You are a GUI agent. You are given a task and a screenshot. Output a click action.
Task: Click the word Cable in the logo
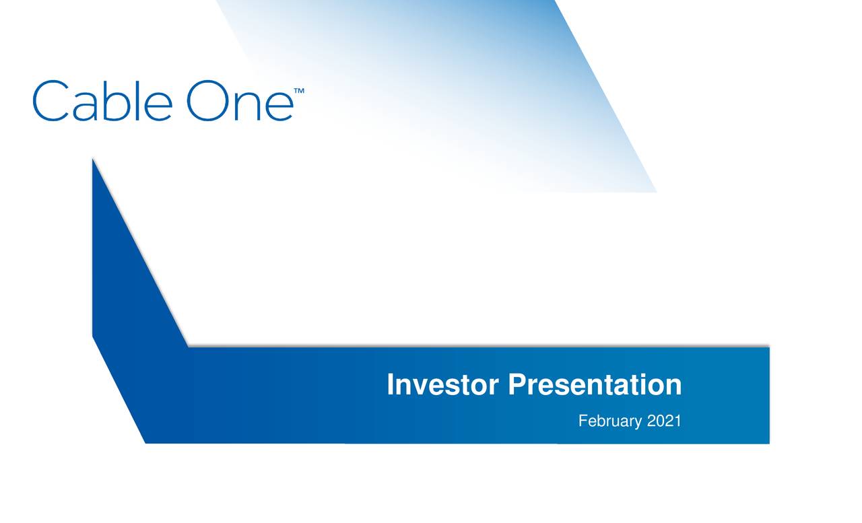101,101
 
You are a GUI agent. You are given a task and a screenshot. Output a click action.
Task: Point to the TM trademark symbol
299,90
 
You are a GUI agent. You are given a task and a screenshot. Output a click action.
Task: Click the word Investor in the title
442,385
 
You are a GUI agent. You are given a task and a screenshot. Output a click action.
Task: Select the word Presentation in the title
594,385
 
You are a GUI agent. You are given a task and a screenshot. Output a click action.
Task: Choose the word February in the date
610,422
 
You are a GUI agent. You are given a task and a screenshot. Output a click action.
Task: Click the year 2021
664,421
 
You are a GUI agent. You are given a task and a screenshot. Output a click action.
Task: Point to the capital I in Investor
391,384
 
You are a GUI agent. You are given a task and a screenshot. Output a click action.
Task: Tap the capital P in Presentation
517,384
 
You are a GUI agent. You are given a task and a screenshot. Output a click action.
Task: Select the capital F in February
583,421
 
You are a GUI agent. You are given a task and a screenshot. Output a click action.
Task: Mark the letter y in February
638,424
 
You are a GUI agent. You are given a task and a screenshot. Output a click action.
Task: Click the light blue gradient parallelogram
485,88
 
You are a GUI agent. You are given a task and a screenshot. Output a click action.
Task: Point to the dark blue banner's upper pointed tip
93,162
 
